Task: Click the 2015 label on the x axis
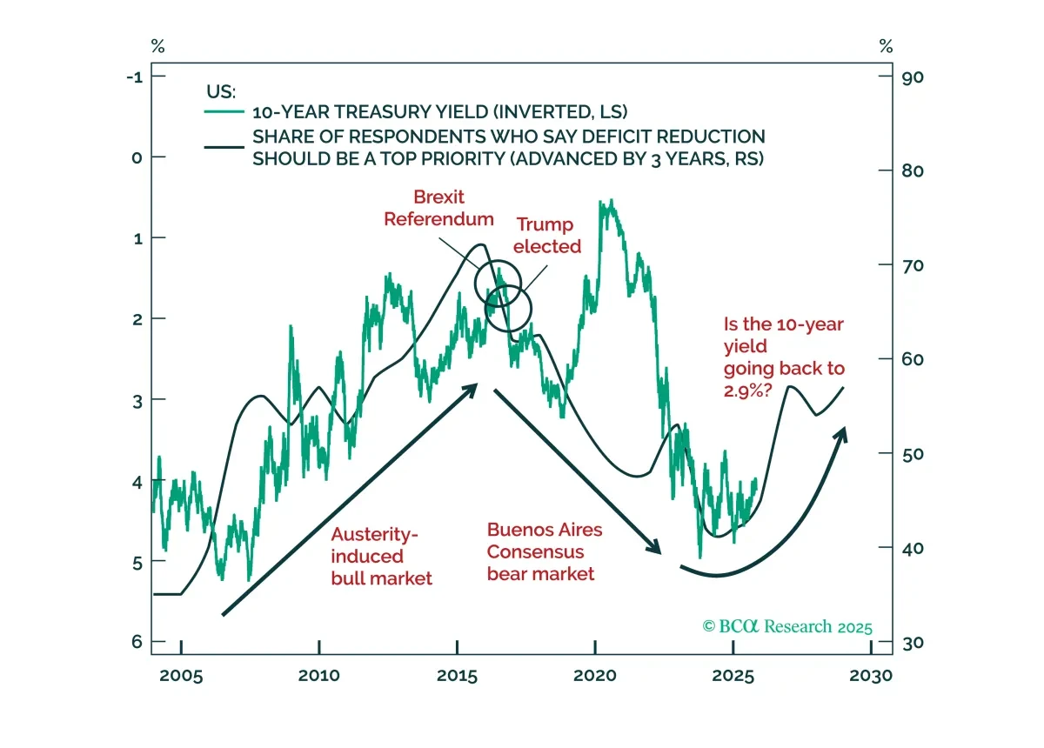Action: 457,676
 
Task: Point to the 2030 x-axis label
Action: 871,676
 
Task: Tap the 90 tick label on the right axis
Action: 913,77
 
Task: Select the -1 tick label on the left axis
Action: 135,77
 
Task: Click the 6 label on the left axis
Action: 137,642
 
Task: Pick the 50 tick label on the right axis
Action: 913,454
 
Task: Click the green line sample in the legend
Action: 224,112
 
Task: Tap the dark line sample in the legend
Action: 224,147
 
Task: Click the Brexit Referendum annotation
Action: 438,208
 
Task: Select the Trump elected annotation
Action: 546,236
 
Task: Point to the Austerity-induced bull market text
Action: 381,556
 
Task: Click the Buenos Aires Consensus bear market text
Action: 545,551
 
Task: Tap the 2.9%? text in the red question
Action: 747,391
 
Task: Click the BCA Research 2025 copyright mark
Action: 787,627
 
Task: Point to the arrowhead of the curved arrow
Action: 841,433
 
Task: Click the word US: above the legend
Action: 221,92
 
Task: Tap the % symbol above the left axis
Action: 158,46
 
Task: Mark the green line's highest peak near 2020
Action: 612,200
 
